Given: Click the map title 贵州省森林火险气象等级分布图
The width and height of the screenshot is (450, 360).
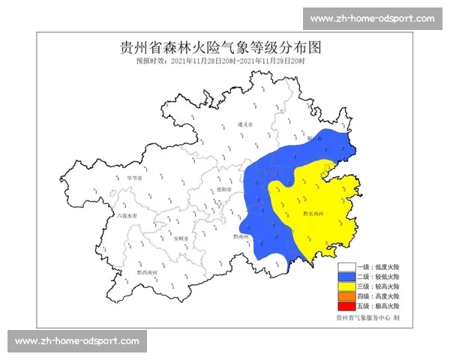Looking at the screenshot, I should click(220, 47).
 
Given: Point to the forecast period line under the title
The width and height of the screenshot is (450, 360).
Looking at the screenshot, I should click(220, 61).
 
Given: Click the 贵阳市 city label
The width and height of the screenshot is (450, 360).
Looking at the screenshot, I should click(222, 190).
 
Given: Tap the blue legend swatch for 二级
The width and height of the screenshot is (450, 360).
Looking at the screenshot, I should click(346, 277).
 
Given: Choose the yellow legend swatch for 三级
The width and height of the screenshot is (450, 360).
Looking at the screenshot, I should click(346, 286).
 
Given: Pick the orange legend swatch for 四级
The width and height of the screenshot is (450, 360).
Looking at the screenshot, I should click(346, 296).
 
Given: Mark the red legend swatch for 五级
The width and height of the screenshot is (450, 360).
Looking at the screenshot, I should click(346, 306).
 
